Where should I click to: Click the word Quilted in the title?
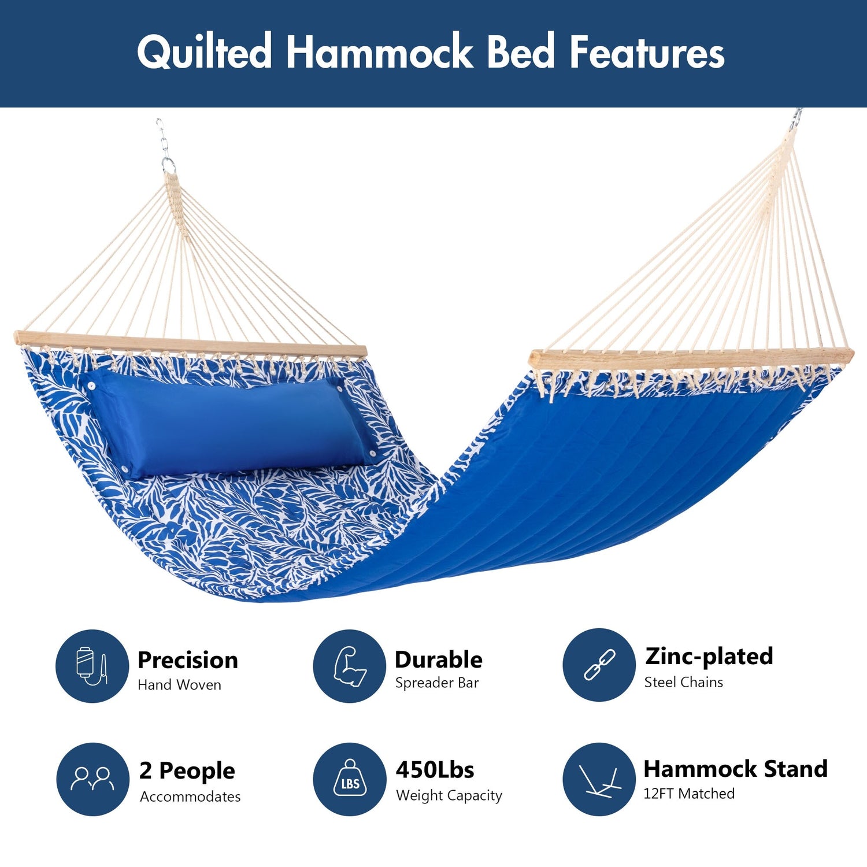pyautogui.click(x=205, y=52)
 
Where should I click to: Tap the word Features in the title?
pyautogui.click(x=647, y=52)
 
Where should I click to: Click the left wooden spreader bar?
pyautogui.click(x=191, y=344)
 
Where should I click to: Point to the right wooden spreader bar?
pyautogui.click(x=691, y=358)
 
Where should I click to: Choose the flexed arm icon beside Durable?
pyautogui.click(x=350, y=666)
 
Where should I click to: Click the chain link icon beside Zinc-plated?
pyautogui.click(x=599, y=665)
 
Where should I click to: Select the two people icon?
pyautogui.click(x=92, y=779)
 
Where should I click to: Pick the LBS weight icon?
pyautogui.click(x=350, y=778)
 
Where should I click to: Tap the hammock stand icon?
pyautogui.click(x=600, y=780)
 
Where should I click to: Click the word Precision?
pyautogui.click(x=188, y=660)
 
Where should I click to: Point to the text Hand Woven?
pyautogui.click(x=179, y=685)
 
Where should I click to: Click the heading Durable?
pyautogui.click(x=439, y=659)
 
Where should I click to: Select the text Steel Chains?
pyautogui.click(x=684, y=682)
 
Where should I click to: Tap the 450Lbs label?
pyautogui.click(x=435, y=770)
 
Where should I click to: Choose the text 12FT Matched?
pyautogui.click(x=689, y=794)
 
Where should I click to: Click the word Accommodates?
pyautogui.click(x=190, y=796)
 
